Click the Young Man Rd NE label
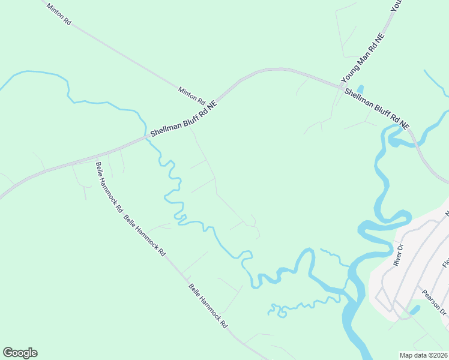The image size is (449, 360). coord(363,58)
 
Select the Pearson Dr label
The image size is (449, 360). coord(434,303)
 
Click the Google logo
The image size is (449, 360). coord(20,353)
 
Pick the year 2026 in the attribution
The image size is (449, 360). coord(440,355)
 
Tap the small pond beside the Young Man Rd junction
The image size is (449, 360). coord(360,89)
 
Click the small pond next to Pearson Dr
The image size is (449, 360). coord(414,310)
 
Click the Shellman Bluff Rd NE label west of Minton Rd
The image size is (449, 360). coord(183,118)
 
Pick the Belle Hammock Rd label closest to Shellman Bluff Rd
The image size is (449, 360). coord(109,187)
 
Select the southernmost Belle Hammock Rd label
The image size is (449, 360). coord(208,306)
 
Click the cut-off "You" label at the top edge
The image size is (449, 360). coord(396,5)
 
